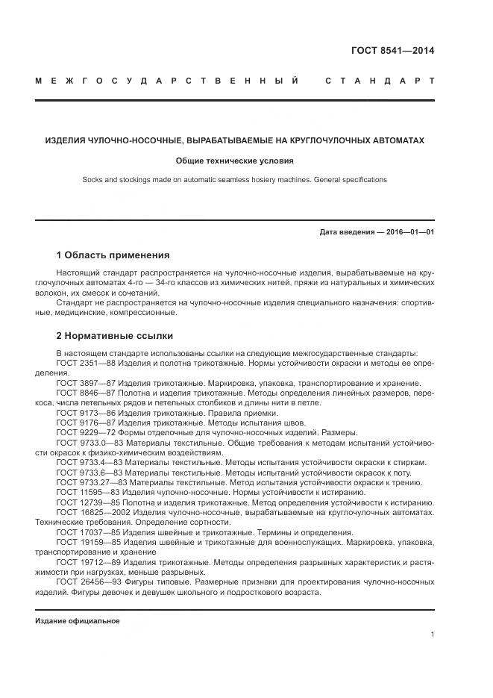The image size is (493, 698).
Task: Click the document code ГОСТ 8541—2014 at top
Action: click(392, 51)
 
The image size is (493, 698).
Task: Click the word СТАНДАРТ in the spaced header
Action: click(380, 81)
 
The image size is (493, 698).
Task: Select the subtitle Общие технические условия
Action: click(235, 161)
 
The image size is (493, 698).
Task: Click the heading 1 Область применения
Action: click(113, 255)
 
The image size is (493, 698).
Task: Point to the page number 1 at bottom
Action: click(433, 635)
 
